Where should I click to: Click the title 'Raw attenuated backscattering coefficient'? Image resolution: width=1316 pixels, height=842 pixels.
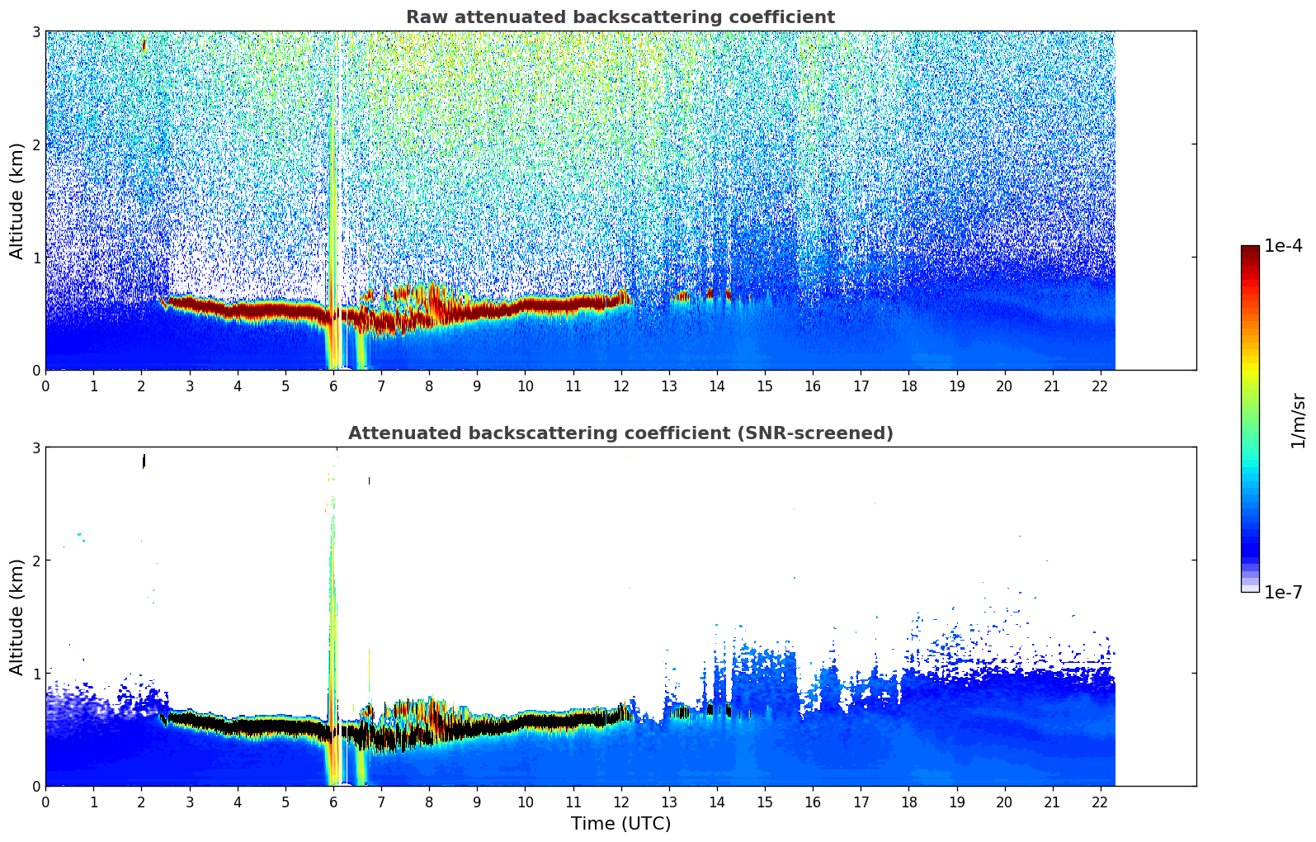620,17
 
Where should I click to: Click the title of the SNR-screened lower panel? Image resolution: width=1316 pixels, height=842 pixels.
620,433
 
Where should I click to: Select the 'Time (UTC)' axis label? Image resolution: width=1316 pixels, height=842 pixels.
620,824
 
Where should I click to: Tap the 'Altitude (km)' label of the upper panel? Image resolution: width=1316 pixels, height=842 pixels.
17,201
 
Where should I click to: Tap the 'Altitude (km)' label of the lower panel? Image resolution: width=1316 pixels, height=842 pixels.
17,617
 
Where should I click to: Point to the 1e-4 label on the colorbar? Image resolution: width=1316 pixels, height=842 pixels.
1283,245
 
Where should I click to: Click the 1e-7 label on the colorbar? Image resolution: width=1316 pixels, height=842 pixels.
1283,592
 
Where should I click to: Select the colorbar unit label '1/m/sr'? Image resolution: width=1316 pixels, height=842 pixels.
1298,422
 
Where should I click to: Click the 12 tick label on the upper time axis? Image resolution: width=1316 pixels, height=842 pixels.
621,386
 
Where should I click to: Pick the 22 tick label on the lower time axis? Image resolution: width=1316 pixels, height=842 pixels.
1100,802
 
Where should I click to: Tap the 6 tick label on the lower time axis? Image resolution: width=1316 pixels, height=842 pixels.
333,802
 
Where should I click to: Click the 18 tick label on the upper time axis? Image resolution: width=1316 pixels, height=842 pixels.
909,386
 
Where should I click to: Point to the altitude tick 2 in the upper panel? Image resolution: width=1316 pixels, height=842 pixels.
35,144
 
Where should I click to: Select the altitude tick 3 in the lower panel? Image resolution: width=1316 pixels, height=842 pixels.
35,448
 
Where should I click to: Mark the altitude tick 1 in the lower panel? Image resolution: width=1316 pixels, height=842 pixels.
35,674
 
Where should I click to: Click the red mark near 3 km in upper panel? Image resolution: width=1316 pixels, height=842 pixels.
144,45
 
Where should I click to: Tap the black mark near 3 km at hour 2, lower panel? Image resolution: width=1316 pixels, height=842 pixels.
144,461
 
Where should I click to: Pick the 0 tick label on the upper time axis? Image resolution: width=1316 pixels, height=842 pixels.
46,386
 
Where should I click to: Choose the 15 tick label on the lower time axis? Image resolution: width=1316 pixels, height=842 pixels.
765,802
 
